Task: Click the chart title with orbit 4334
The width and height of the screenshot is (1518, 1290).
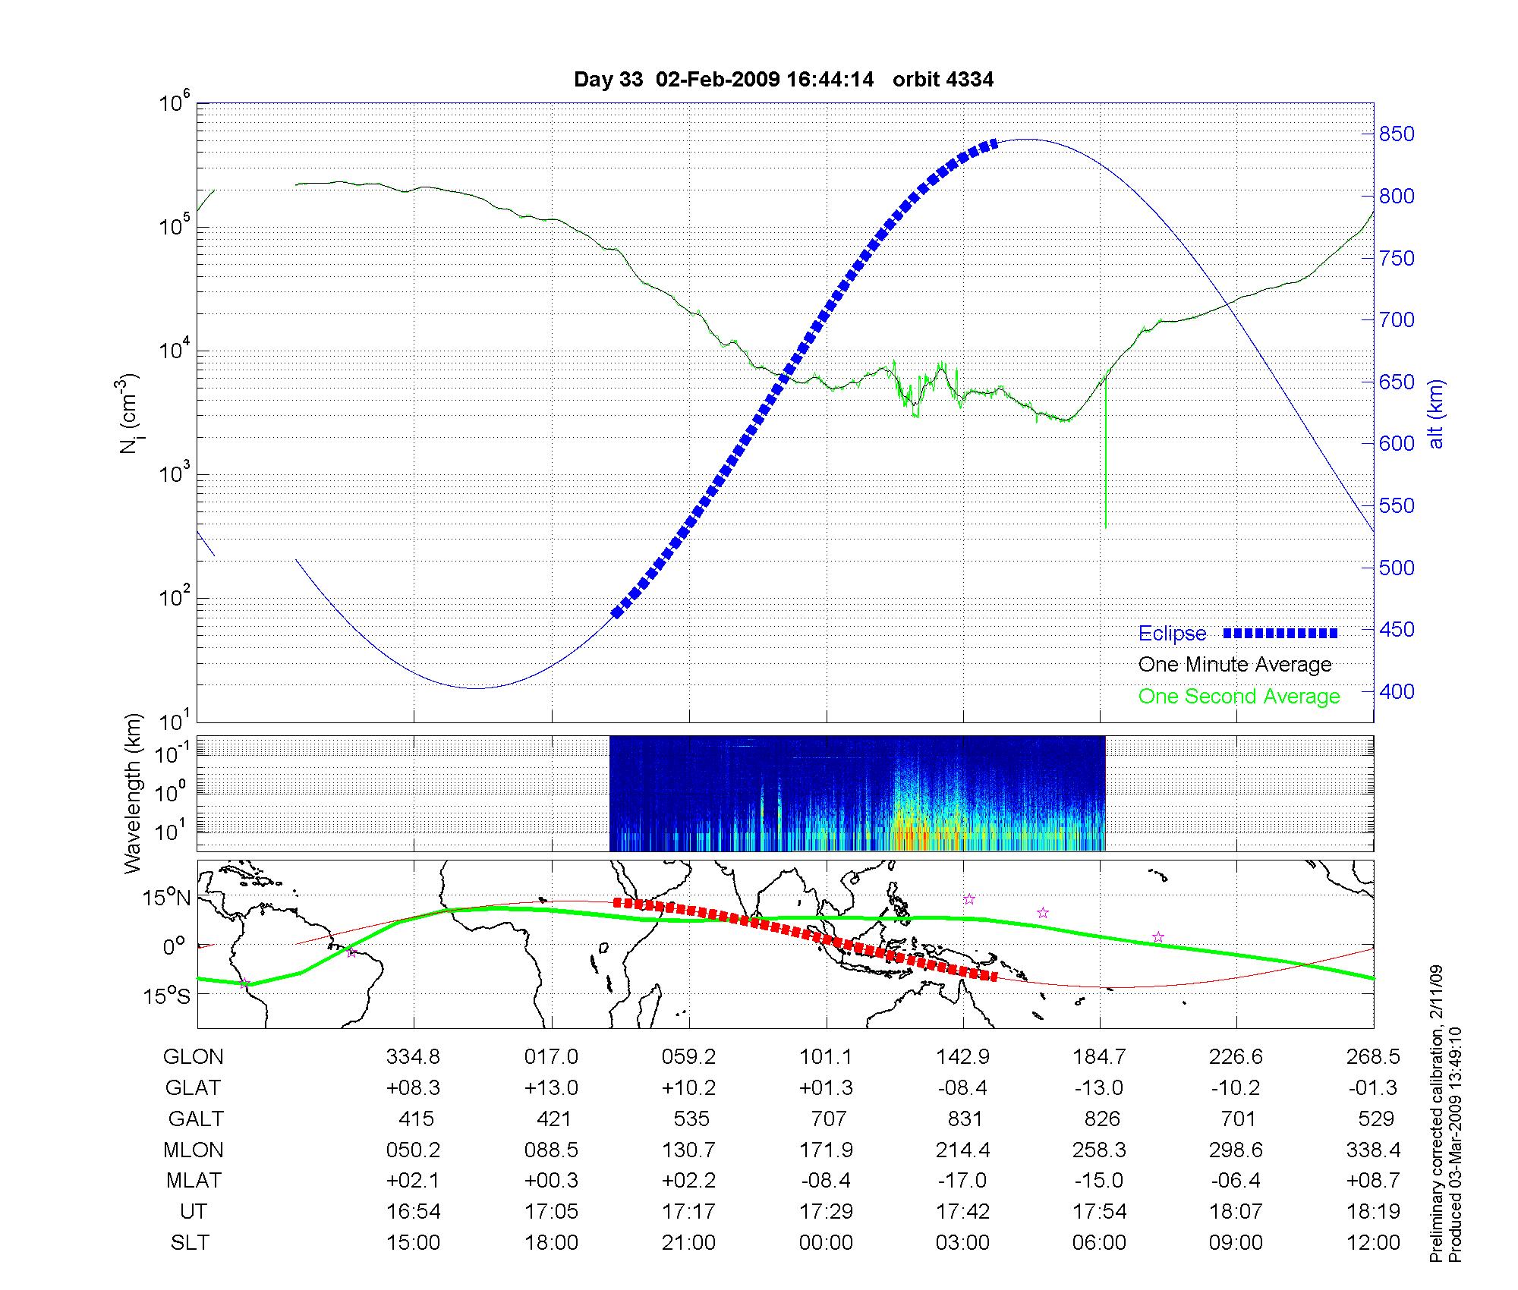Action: [x=783, y=80]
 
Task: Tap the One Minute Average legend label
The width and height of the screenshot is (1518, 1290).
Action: [x=1235, y=665]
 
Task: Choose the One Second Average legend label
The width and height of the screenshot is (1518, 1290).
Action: [x=1239, y=697]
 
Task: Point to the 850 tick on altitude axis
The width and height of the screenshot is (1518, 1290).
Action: [x=1397, y=134]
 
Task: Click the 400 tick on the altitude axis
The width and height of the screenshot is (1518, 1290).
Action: [x=1397, y=691]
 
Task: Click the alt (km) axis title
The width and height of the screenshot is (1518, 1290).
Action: [x=1436, y=414]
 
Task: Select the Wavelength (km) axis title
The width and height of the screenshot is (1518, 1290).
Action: [x=134, y=793]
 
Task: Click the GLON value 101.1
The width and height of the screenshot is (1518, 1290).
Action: [x=826, y=1056]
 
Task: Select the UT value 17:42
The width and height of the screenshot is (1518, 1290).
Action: [x=962, y=1211]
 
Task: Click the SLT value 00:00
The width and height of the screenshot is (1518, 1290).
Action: [x=826, y=1242]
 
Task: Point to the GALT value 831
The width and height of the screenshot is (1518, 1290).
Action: [x=965, y=1119]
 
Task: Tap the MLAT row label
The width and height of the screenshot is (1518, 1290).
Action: [x=194, y=1181]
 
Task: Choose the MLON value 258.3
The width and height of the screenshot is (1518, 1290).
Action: [x=1099, y=1150]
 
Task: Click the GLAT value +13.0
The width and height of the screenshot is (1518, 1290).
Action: [x=551, y=1087]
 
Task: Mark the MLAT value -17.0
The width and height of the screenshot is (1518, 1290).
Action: [x=962, y=1181]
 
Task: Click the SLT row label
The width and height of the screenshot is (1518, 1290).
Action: [x=190, y=1242]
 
